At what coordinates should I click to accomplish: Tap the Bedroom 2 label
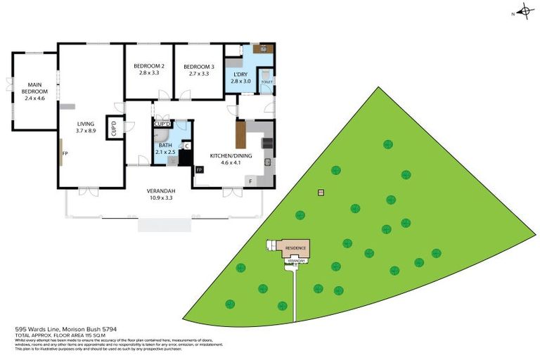[149, 70]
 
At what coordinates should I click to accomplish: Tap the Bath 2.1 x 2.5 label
[166, 148]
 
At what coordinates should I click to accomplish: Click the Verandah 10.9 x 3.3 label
[160, 194]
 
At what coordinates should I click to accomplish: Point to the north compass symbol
[524, 13]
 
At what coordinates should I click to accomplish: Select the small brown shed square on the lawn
[321, 192]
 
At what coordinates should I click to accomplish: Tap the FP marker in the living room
[65, 153]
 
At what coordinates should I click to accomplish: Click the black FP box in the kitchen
[199, 169]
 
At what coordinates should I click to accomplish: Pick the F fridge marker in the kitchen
[250, 181]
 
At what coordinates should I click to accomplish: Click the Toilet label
[266, 82]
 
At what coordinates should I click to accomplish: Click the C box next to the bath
[186, 146]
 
